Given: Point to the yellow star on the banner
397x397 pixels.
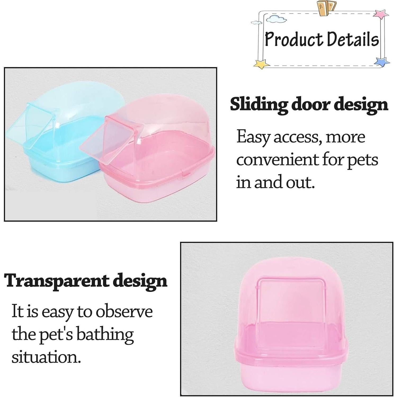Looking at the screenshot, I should pyautogui.click(x=261, y=64).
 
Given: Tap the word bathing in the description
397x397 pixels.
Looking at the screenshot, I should pyautogui.click(x=105, y=335).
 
